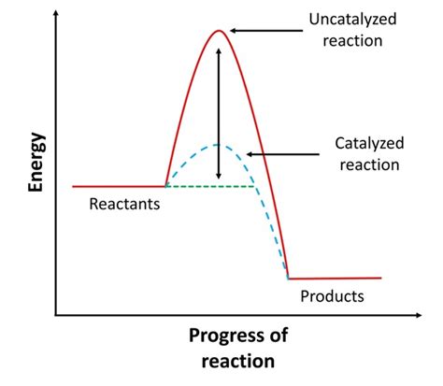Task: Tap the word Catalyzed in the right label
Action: point(370,144)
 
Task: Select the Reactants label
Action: point(125,203)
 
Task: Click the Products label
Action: point(332,296)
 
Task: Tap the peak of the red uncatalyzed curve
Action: point(219,31)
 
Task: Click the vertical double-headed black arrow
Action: point(219,112)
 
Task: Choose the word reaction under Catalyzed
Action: point(370,164)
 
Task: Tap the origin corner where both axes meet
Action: point(56,315)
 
